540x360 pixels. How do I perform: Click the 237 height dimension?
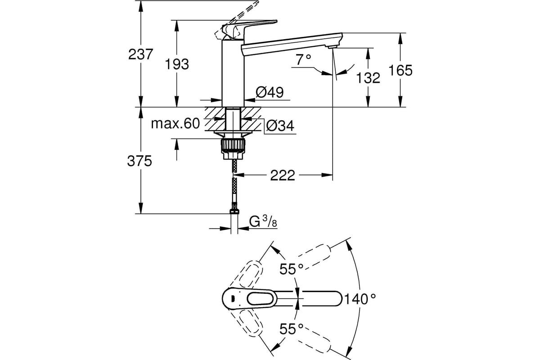click(140, 54)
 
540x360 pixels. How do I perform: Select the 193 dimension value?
click(177, 64)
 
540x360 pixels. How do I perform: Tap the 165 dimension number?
click(400, 70)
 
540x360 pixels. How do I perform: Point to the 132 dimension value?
click(368, 78)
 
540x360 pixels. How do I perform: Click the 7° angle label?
click(303, 60)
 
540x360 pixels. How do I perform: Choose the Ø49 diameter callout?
click(270, 92)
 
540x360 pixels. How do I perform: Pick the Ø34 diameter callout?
click(280, 126)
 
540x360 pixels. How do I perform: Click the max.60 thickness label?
click(175, 123)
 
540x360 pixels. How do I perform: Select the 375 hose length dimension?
click(139, 161)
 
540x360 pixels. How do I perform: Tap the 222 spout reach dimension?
click(283, 175)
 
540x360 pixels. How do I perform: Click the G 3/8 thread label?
click(263, 221)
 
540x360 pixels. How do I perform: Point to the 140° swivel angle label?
click(360, 299)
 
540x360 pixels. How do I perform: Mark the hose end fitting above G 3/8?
click(234, 211)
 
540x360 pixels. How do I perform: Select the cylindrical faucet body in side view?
click(233, 73)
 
